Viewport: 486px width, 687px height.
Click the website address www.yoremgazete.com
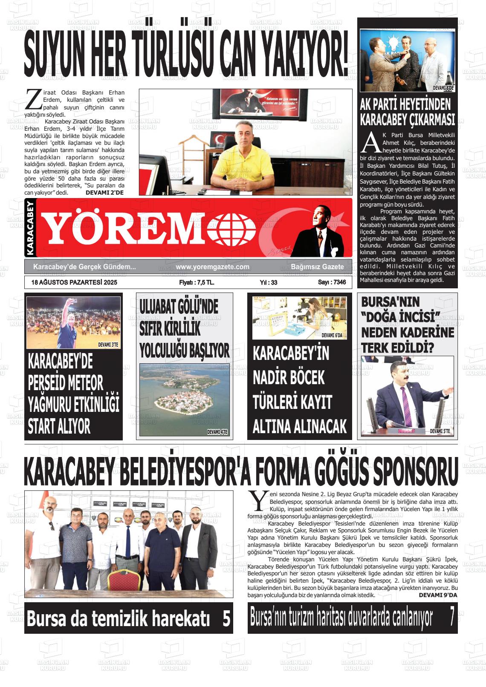coord(212,267)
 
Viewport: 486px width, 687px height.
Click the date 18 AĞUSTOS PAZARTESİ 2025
coord(74,282)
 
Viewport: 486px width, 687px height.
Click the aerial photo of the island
coord(184,400)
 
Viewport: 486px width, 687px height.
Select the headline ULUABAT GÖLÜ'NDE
coord(179,307)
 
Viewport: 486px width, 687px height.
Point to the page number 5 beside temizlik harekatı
coord(226,618)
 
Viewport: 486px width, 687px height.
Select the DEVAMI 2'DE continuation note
coord(104,193)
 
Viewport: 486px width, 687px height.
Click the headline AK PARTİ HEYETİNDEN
coord(405,105)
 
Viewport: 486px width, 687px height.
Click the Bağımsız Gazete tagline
coord(317,267)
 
